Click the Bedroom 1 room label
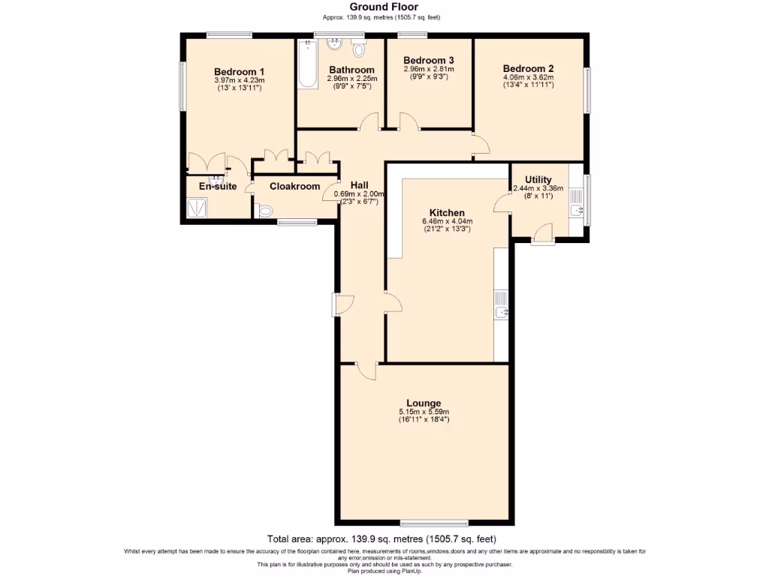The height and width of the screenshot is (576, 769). pos(238,72)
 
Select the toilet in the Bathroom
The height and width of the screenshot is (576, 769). pos(358,49)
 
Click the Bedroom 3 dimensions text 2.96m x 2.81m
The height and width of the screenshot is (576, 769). pos(428,69)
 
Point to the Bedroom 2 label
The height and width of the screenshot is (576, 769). pos(528,67)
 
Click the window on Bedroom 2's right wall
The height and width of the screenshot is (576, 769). pos(587,91)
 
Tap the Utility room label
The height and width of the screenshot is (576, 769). pos(538,180)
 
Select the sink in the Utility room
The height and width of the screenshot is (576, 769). pos(577,211)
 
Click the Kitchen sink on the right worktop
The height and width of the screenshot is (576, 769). pos(501,311)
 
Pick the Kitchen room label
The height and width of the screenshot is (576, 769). pos(447,213)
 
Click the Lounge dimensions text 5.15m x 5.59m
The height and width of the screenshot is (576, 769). pos(424,412)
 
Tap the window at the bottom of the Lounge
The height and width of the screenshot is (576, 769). pos(435,523)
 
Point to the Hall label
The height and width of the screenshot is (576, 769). pos(359,185)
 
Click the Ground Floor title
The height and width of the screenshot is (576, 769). pos(384,7)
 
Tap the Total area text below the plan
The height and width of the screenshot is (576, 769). pos(381,538)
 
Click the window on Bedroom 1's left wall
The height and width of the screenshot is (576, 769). pos(181,86)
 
